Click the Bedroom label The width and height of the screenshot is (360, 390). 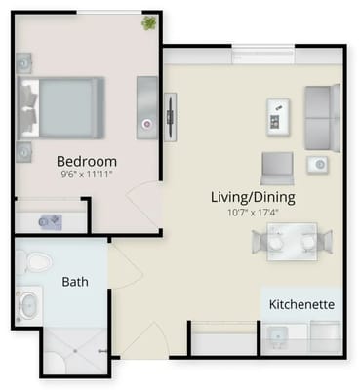click(86, 161)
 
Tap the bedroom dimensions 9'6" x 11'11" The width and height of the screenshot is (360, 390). click(86, 175)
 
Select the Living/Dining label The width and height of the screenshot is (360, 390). click(253, 197)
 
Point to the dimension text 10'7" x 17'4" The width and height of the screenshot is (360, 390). click(253, 212)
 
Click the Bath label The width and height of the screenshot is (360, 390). click(75, 282)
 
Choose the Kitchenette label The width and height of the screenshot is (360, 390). click(301, 304)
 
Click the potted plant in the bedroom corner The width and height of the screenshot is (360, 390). click(149, 22)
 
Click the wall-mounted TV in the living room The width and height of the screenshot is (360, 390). click(170, 115)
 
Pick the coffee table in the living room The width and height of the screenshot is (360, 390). click(276, 116)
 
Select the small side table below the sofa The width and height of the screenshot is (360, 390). click(317, 164)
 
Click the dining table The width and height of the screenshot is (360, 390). click(293, 241)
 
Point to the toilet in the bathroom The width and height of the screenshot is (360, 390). click(36, 262)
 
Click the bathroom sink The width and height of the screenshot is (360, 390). click(27, 305)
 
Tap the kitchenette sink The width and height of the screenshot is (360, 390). click(279, 336)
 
